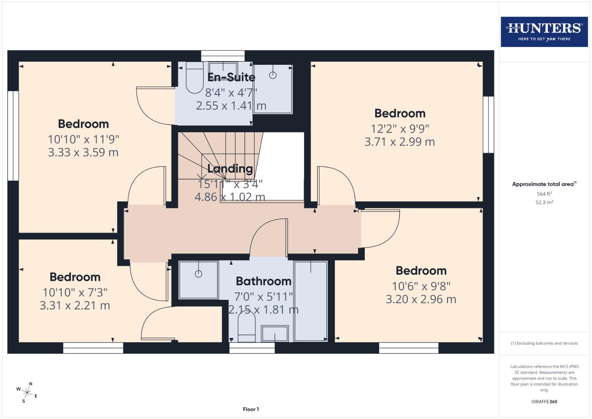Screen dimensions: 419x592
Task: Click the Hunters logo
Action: (544, 31)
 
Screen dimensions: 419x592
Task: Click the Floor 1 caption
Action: (251, 409)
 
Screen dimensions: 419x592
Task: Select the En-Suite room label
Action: (231, 77)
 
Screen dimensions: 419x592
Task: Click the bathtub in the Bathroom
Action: (311, 301)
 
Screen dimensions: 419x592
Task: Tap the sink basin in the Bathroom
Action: (275, 333)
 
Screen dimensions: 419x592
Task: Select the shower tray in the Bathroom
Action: (198, 280)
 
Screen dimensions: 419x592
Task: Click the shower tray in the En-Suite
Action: (273, 89)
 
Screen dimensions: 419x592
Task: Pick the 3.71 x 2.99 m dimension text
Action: (399, 142)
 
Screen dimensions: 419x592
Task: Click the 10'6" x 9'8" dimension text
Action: (421, 286)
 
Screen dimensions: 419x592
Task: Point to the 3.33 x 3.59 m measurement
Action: (83, 152)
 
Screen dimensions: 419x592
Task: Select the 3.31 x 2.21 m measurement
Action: (75, 306)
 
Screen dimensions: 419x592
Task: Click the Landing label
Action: (230, 168)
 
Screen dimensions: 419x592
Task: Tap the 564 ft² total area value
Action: (544, 194)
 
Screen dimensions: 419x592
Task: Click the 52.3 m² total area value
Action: (544, 203)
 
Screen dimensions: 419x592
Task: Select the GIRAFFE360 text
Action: (544, 402)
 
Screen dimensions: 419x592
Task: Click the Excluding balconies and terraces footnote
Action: (544, 343)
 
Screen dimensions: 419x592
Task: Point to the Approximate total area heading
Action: (544, 184)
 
